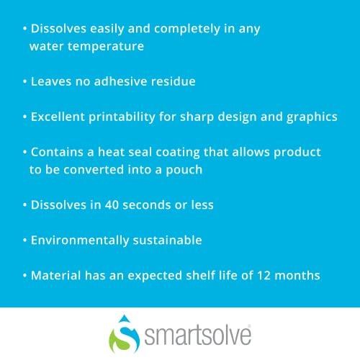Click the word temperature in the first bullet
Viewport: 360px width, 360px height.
(104, 47)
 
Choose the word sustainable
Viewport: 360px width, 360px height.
(167, 240)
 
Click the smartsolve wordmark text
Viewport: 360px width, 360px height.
(197, 336)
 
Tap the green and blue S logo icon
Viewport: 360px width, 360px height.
(122, 337)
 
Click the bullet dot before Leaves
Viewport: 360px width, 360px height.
(24, 82)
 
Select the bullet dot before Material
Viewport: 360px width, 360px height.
(24, 276)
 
